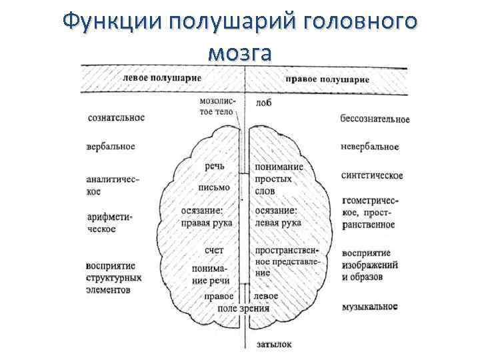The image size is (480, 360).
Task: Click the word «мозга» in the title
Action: [x=239, y=53]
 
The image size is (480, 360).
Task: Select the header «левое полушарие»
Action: [x=163, y=77]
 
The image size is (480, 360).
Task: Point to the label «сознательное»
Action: [x=116, y=117]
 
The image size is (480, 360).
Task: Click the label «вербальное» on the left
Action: [x=111, y=146]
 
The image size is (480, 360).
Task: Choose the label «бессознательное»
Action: [x=375, y=119]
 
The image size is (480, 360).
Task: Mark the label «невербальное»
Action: [x=369, y=147]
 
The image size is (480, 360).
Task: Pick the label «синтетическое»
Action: [x=372, y=175]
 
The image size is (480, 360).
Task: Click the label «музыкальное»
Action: [x=371, y=307]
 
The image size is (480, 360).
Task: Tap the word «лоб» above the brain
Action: [x=263, y=104]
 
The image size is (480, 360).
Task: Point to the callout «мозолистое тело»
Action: [x=216, y=107]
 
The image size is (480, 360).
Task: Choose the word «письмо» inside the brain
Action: [x=214, y=187]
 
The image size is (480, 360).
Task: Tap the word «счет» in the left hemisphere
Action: [x=214, y=249]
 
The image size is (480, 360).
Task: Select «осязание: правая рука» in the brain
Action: [x=206, y=216]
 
